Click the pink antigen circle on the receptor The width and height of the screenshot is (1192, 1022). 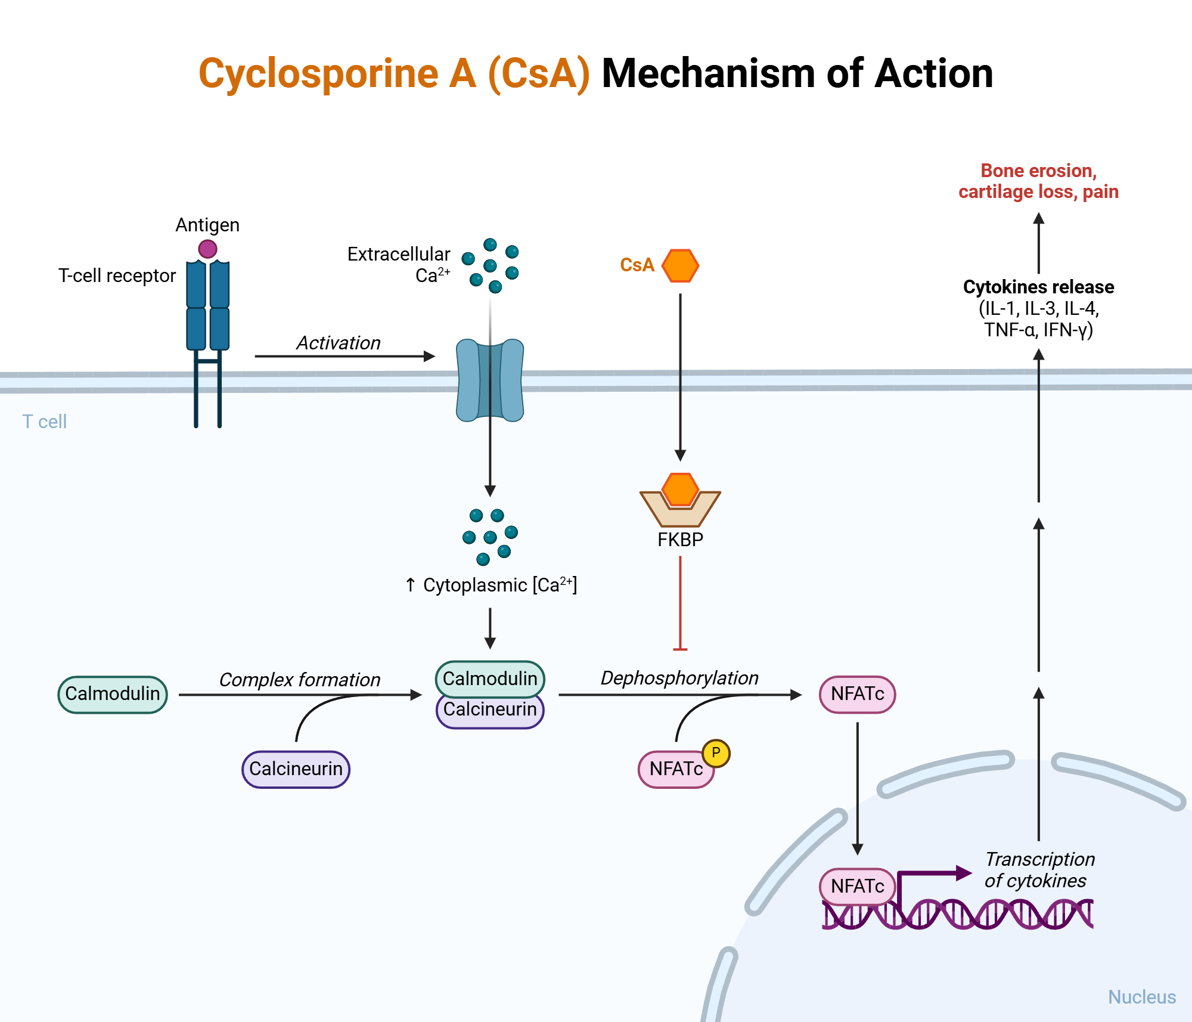207,249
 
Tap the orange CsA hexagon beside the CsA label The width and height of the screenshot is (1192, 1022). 680,265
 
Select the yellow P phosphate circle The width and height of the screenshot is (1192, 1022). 716,753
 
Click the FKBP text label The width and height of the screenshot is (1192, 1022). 680,540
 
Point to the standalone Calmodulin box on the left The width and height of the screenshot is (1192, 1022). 113,694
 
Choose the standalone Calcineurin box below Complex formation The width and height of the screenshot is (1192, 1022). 296,769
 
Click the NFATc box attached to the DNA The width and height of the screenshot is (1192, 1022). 857,886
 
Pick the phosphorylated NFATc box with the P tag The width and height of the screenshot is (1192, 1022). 675,769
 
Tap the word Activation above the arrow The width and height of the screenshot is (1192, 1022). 339,343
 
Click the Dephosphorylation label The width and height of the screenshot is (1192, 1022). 679,678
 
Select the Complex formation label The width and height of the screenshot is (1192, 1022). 299,680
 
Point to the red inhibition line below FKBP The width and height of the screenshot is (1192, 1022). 680,602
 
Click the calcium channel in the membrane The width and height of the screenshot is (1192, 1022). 490,380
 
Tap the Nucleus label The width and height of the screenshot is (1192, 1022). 1141,997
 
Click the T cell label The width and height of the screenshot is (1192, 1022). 45,422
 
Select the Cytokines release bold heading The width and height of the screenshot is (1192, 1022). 1038,287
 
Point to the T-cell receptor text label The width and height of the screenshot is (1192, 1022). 117,275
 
